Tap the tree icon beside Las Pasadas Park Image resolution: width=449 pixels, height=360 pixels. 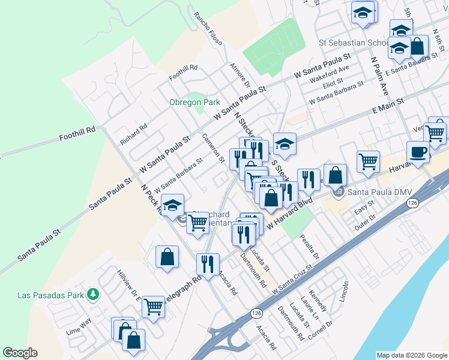(92, 294)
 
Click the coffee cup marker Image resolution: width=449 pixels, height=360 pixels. (418, 152)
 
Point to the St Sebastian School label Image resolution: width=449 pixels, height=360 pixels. (353, 43)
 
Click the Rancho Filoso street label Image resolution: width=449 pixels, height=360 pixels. (208, 29)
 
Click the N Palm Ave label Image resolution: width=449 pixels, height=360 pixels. (379, 76)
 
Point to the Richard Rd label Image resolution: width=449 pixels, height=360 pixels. (133, 134)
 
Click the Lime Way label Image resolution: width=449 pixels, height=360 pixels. (79, 322)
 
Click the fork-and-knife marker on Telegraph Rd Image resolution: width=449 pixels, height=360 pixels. (208, 264)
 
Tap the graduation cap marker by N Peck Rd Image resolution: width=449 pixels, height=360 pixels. (172, 205)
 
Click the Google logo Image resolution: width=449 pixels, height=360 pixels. (20, 353)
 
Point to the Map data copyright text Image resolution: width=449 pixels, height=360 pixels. (411, 355)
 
